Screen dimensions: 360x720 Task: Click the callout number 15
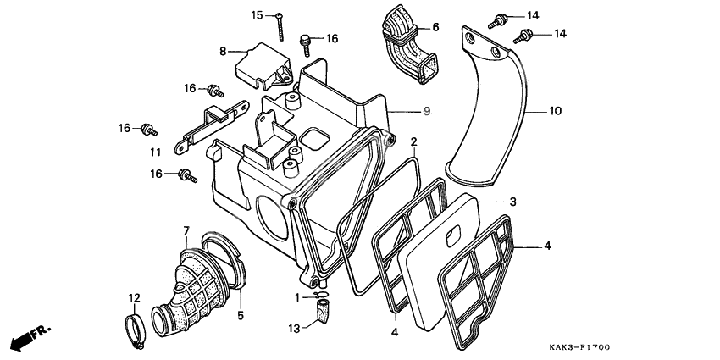point(258,15)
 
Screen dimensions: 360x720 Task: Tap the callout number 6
point(435,27)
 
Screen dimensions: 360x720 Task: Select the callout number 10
point(555,111)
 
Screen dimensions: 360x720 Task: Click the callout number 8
point(223,51)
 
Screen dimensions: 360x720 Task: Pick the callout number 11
point(156,152)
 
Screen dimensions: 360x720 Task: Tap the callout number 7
point(186,230)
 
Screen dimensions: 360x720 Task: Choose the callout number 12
point(134,297)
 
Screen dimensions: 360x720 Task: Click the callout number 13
point(294,329)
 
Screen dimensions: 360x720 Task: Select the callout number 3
point(512,202)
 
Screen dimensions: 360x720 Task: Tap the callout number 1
point(297,297)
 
